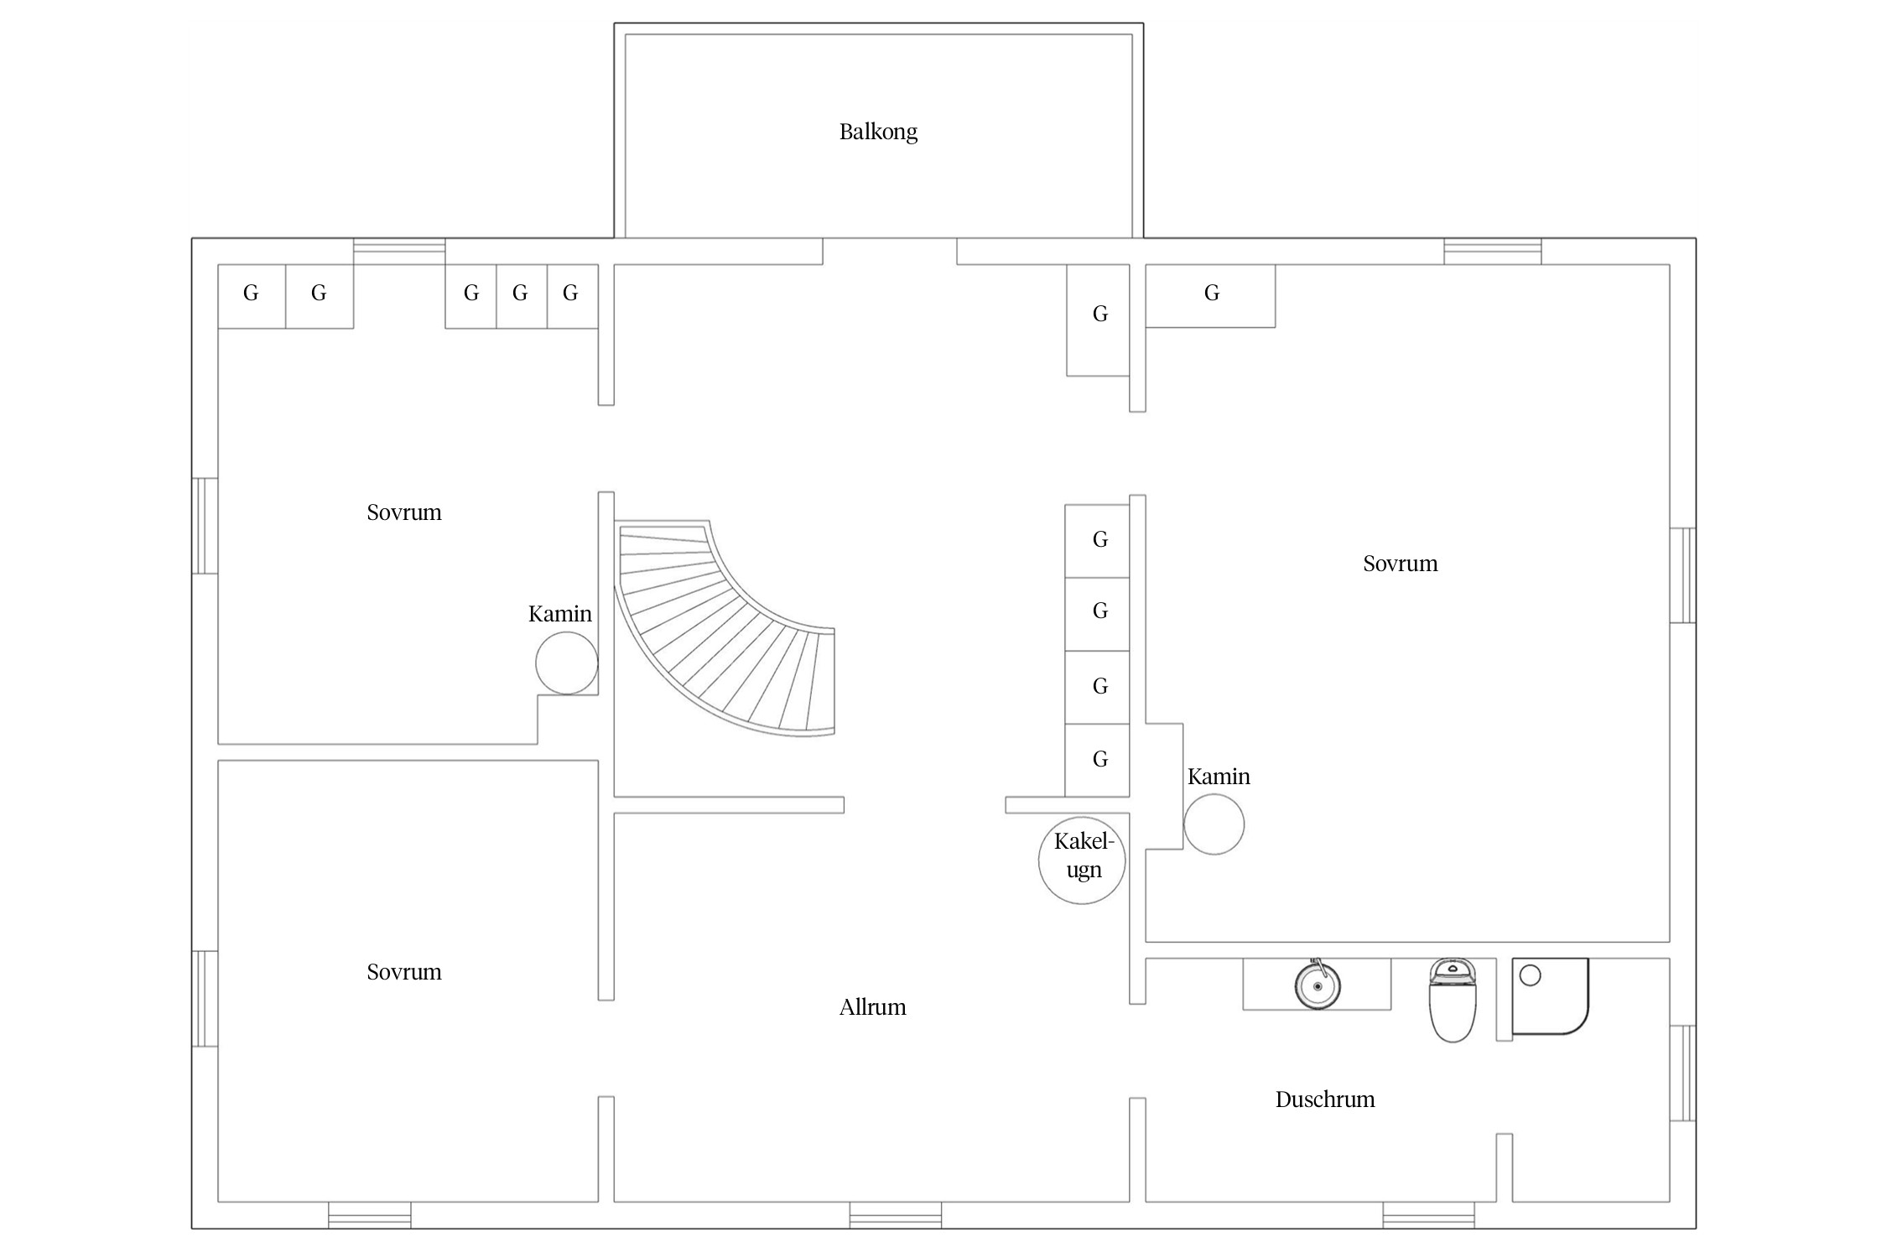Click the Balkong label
878,133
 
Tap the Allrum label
872,1006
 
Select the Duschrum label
1325,1099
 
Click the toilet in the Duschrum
1453,1001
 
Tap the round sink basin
1318,985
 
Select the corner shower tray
1551,996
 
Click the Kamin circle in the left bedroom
567,663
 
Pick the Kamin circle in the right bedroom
1214,824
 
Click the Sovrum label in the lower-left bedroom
404,972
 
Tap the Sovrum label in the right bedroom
1401,564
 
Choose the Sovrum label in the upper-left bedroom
404,512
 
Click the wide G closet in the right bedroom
1210,296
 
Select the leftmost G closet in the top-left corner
252,296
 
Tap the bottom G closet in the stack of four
1097,760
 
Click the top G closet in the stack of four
1097,541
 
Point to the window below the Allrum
895,1214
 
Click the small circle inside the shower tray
1531,975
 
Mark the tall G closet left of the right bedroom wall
1098,320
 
